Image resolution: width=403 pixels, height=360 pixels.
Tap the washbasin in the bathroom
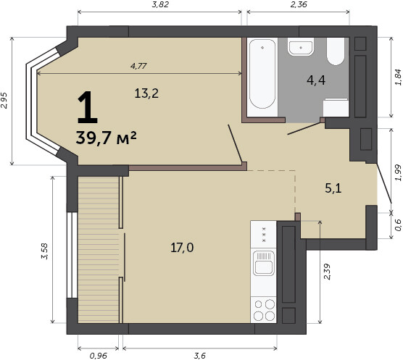(301, 47)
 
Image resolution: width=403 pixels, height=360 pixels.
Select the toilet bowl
(336, 51)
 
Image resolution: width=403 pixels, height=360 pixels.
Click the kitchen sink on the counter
(263, 263)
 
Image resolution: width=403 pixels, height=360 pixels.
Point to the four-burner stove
(263, 310)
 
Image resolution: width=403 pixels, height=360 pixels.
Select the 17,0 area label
(182, 248)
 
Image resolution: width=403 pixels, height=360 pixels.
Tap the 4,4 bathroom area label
(316, 80)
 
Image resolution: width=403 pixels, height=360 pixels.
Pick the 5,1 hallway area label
(333, 188)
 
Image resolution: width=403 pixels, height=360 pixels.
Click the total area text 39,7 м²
(106, 138)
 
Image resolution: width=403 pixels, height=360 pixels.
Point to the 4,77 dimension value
(138, 66)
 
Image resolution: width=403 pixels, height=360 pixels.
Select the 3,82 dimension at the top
(160, 4)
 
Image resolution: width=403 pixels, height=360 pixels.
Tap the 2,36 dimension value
(299, 4)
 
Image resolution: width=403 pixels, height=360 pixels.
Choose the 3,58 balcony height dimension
(44, 251)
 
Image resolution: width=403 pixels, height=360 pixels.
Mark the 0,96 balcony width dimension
(98, 356)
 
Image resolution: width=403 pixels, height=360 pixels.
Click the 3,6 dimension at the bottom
(200, 356)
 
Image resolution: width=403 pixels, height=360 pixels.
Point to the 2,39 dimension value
(327, 272)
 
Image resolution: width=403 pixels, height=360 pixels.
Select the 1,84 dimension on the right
(399, 77)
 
